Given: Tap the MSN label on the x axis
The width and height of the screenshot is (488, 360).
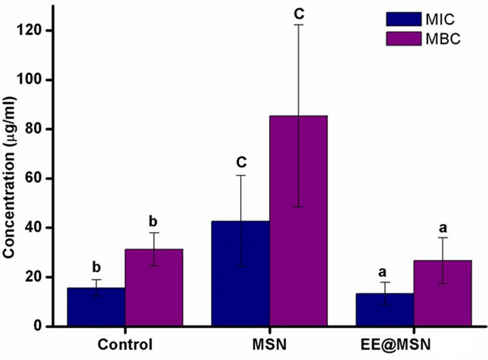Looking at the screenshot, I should (269, 344).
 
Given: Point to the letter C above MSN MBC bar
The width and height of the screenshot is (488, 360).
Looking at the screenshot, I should (299, 14).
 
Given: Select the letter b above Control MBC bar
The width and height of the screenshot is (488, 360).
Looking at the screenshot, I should (153, 222).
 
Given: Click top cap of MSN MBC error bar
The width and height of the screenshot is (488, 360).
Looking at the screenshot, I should (298, 25).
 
